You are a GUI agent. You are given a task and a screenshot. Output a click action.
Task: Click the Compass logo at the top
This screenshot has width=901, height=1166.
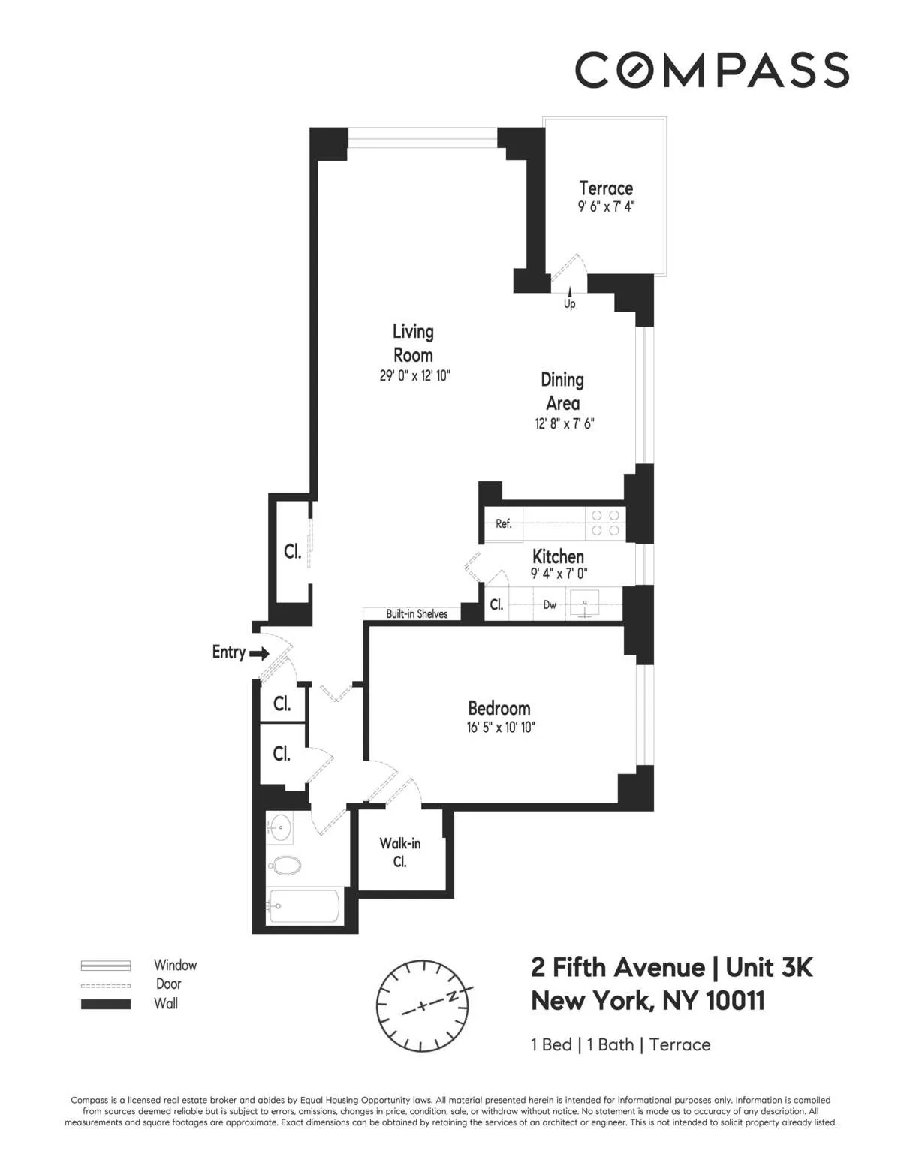(712, 70)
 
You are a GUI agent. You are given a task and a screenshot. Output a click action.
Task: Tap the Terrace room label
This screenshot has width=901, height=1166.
(606, 188)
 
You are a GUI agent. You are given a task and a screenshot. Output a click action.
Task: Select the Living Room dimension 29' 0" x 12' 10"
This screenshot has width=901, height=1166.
(414, 375)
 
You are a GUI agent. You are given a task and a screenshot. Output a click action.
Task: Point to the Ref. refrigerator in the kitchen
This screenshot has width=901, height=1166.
(503, 524)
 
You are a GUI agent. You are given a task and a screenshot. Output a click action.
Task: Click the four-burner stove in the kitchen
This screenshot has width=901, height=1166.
(605, 523)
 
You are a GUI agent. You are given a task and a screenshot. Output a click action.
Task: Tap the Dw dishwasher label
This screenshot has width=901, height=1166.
(550, 604)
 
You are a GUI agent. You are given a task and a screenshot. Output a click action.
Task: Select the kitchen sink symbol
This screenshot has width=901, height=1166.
(585, 604)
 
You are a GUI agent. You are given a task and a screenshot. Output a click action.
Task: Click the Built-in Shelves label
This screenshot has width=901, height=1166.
(417, 613)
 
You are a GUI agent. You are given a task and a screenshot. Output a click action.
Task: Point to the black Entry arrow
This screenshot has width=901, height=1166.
(259, 654)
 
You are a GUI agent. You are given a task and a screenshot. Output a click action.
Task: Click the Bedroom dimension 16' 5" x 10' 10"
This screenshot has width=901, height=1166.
(500, 727)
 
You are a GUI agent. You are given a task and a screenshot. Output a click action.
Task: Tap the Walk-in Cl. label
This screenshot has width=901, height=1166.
(399, 852)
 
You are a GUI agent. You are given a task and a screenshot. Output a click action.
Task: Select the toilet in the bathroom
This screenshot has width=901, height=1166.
(285, 866)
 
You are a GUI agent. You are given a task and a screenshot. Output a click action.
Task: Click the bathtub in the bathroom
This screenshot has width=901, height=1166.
(303, 905)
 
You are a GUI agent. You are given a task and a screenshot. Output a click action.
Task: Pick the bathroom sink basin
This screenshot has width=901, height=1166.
(280, 829)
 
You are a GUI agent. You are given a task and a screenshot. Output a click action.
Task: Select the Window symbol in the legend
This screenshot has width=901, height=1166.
(106, 966)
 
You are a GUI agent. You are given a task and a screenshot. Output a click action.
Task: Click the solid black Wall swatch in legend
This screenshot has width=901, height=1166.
(106, 1004)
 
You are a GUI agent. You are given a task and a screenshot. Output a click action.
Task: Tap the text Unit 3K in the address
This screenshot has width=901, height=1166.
(769, 967)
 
